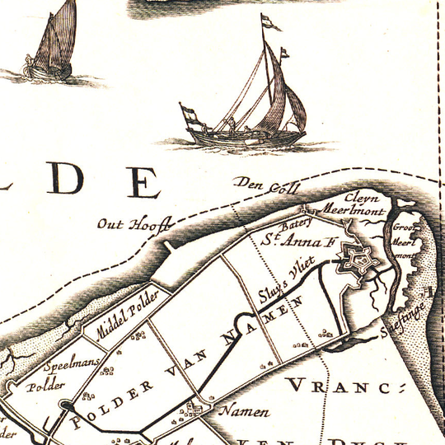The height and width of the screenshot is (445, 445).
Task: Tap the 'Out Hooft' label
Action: click(x=132, y=223)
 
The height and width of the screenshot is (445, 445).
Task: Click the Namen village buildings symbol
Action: click(x=196, y=410)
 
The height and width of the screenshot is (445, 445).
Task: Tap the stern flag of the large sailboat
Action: click(x=189, y=114)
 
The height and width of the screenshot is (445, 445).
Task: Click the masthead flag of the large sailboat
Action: click(x=269, y=22)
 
